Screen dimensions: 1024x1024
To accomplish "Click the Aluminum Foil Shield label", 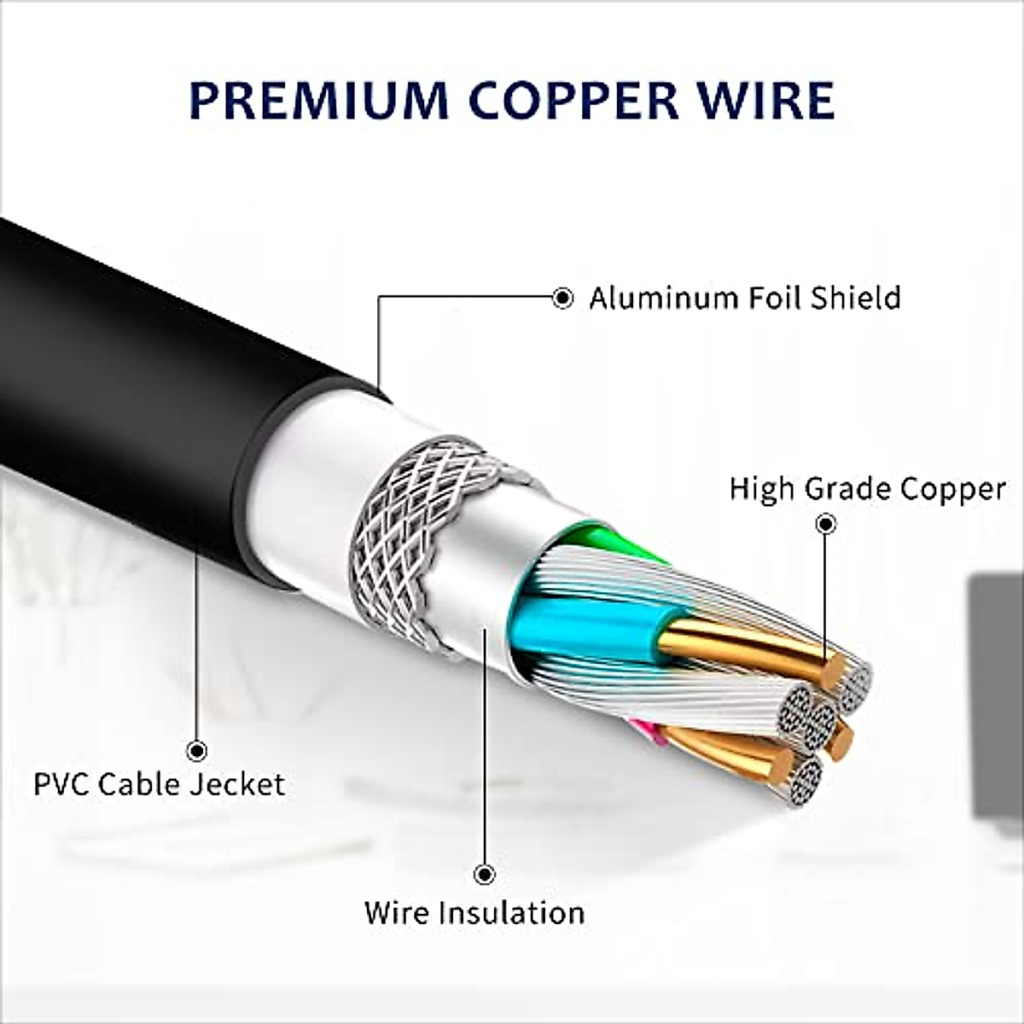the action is [744, 298].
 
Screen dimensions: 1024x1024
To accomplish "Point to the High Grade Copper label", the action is [867, 489].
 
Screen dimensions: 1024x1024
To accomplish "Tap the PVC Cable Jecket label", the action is [159, 783].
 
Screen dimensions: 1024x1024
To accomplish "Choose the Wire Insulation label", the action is [474, 912].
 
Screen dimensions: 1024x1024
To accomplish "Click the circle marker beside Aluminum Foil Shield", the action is [562, 298].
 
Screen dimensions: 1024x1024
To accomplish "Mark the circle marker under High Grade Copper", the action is [825, 523].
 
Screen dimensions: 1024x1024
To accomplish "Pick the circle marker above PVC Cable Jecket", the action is [197, 751].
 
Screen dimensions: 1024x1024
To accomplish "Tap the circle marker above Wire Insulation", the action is [485, 875].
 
